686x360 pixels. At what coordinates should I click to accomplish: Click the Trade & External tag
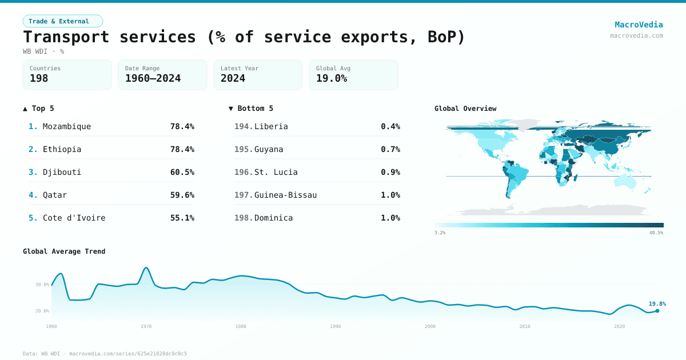click(x=62, y=21)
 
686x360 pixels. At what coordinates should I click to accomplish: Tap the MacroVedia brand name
click(x=639, y=25)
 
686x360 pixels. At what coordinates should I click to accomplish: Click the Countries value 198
click(x=39, y=78)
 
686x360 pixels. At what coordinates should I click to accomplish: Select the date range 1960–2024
click(x=153, y=78)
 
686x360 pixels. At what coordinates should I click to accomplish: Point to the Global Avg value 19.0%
click(x=332, y=78)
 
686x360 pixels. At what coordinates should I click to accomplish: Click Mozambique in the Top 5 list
click(x=67, y=126)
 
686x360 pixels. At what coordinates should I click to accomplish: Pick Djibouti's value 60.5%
click(x=182, y=172)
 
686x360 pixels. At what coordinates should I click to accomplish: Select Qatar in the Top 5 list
click(x=55, y=195)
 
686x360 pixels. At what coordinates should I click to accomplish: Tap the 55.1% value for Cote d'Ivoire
click(x=182, y=218)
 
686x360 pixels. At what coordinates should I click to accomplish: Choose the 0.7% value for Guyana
click(x=390, y=149)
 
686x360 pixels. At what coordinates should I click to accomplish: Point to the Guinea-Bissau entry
click(x=285, y=195)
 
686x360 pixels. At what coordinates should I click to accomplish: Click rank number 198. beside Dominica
click(x=244, y=218)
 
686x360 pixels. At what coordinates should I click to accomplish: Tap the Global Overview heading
click(x=465, y=109)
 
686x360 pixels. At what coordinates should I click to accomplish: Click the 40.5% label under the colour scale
click(x=656, y=233)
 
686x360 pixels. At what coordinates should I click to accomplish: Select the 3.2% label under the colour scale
click(x=440, y=233)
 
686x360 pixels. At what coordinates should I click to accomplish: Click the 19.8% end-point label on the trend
click(x=657, y=304)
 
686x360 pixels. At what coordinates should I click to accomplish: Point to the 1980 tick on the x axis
click(x=241, y=326)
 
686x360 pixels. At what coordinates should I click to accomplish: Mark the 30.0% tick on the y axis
click(x=42, y=284)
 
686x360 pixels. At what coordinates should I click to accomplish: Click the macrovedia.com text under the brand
click(x=636, y=35)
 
